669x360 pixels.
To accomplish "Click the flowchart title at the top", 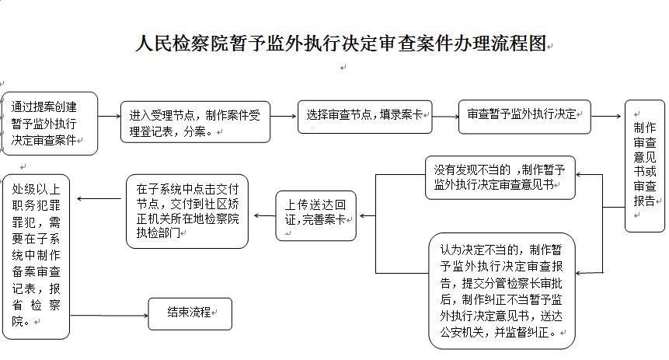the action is point(341,44).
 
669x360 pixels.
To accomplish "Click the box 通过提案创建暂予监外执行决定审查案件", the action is point(50,124).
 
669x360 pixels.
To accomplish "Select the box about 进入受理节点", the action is point(195,122).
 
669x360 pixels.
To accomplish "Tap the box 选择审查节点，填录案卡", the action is point(364,117).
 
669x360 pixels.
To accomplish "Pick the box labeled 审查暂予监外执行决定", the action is point(524,117).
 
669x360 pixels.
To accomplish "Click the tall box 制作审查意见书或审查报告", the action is point(645,166).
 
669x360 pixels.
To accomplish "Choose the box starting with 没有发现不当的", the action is point(500,177).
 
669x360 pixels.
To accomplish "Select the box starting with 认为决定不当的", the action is point(502,291).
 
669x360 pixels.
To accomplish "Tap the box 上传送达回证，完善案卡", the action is point(315,215).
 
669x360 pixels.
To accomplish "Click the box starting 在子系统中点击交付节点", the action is point(187,211).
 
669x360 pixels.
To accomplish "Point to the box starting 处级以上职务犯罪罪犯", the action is point(36,257).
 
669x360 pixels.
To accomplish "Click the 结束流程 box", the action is point(190,314).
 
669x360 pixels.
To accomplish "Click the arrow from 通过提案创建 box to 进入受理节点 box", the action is point(110,116).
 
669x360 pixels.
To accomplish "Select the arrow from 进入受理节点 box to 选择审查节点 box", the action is point(284,116).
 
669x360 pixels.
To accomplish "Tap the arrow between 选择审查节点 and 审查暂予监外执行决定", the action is point(445,117).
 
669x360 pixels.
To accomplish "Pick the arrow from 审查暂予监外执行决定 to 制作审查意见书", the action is point(606,116).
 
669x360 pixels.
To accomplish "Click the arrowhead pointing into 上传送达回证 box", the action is point(363,215).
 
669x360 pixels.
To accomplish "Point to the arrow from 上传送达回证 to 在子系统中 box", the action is point(265,215).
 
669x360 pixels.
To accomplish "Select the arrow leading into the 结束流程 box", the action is point(109,316).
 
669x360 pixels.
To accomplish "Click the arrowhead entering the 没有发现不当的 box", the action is point(579,174).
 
